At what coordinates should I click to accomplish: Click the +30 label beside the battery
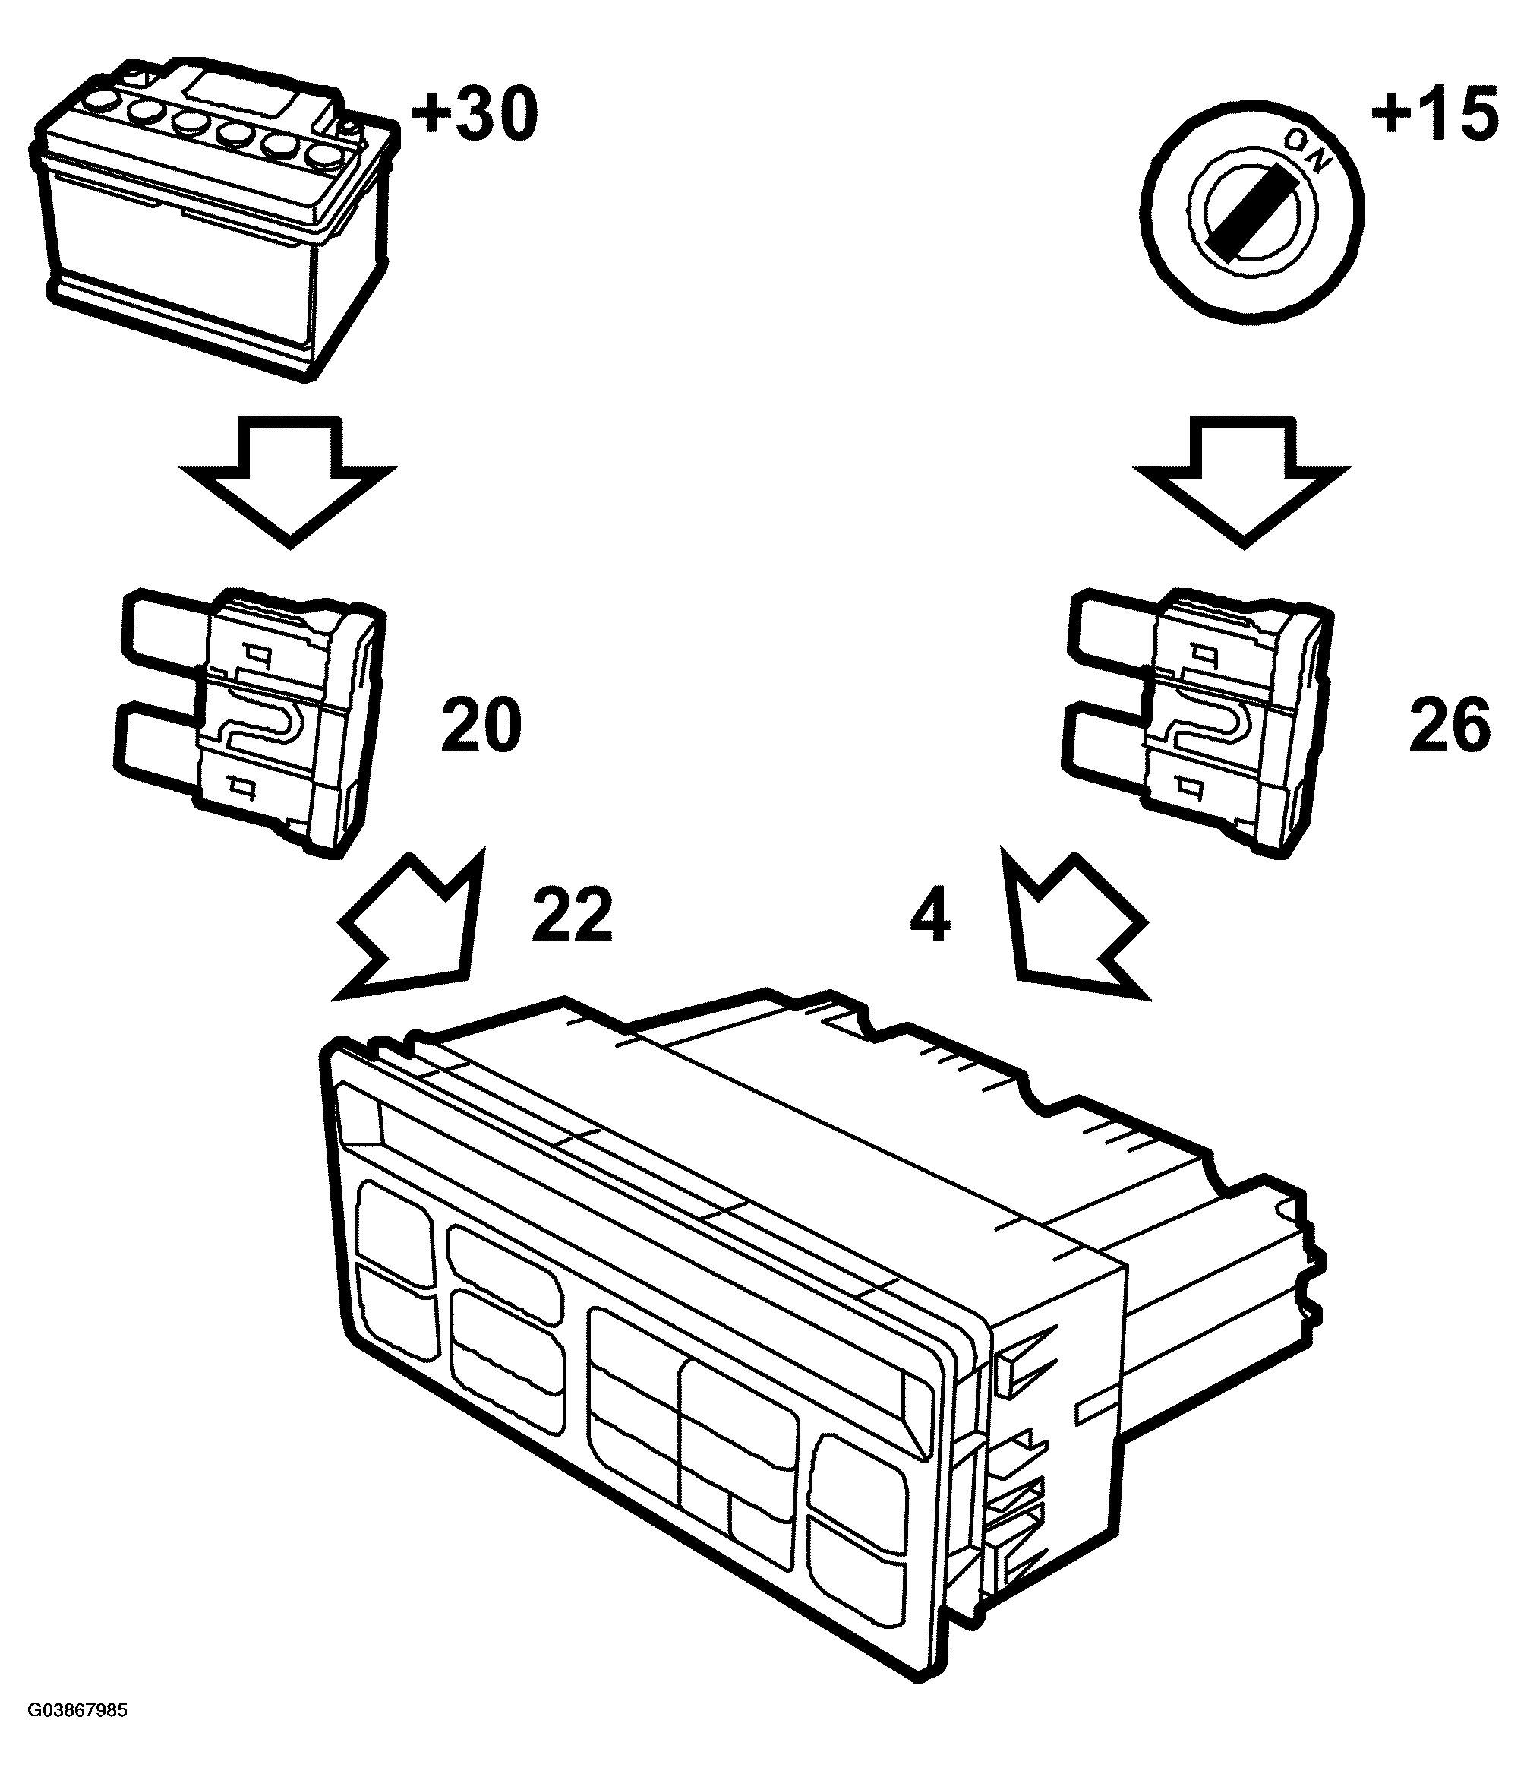click(x=476, y=115)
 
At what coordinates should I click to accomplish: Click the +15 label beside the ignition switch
click(x=1435, y=112)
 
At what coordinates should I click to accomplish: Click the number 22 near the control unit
click(x=573, y=913)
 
